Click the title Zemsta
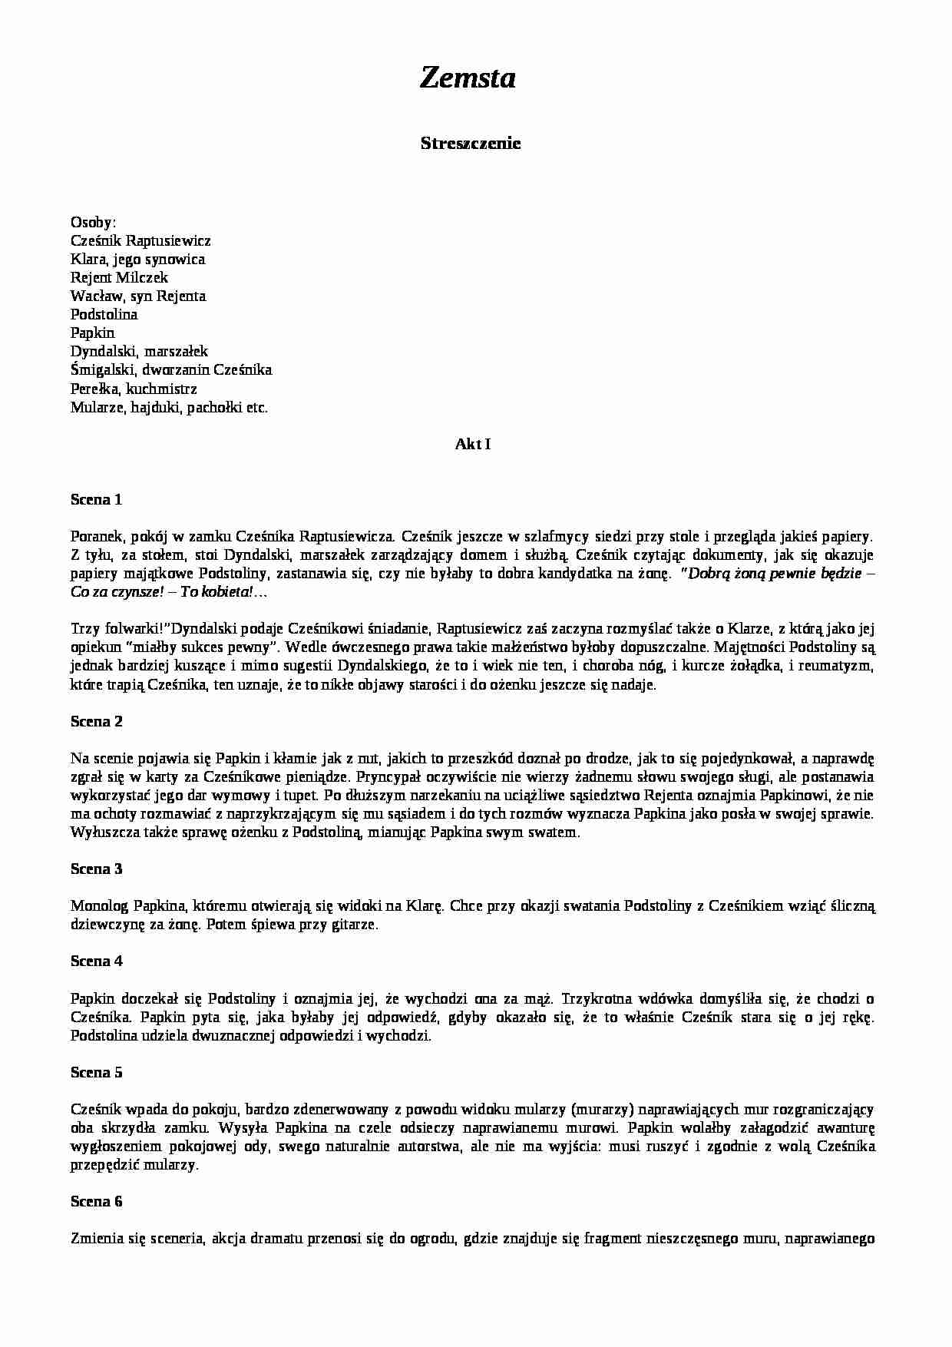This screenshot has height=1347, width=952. pyautogui.click(x=468, y=78)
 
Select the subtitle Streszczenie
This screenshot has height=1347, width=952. pyautogui.click(x=471, y=143)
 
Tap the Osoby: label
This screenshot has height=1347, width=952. pyautogui.click(x=93, y=222)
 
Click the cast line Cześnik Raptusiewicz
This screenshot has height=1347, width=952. pyautogui.click(x=140, y=240)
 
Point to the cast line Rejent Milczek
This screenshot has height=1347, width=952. pyautogui.click(x=119, y=277)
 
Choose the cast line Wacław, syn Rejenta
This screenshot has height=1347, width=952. pyautogui.click(x=138, y=296)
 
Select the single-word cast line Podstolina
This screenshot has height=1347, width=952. pyautogui.click(x=104, y=314)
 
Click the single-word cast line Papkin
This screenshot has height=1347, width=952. pyautogui.click(x=92, y=333)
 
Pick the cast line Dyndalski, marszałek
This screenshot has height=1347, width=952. pyautogui.click(x=139, y=351)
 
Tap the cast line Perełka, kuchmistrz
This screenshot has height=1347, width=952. pyautogui.click(x=134, y=389)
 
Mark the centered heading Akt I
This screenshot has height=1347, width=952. pyautogui.click(x=473, y=444)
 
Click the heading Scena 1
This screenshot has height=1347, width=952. pyautogui.click(x=96, y=499)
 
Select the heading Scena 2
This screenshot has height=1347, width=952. pyautogui.click(x=96, y=721)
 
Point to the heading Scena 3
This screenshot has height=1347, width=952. pyautogui.click(x=96, y=869)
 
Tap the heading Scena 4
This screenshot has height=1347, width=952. pyautogui.click(x=96, y=961)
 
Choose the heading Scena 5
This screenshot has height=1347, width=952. pyautogui.click(x=96, y=1072)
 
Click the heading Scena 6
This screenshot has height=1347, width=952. pyautogui.click(x=96, y=1201)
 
